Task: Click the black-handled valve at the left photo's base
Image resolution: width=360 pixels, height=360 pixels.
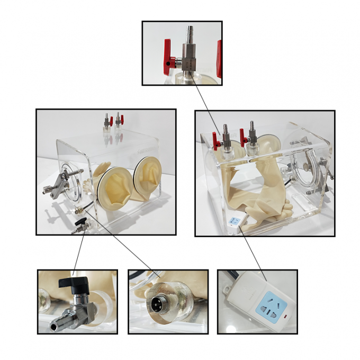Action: pos(79,228)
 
